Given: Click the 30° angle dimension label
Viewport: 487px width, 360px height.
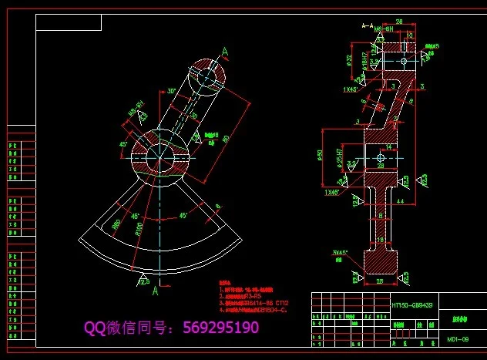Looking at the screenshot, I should (x=171, y=91).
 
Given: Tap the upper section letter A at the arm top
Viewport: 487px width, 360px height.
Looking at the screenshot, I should (x=225, y=52).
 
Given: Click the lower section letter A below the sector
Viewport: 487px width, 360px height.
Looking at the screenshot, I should (x=155, y=291).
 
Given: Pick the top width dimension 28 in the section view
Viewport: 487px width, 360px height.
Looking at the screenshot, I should (x=399, y=23).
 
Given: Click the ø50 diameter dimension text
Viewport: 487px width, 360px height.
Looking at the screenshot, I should (x=319, y=157).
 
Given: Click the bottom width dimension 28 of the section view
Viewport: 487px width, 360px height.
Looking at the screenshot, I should (x=378, y=282).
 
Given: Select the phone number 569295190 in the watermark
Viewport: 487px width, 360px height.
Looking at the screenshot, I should (x=220, y=328).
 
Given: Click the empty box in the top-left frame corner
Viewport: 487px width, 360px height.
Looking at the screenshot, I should (x=69, y=22).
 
